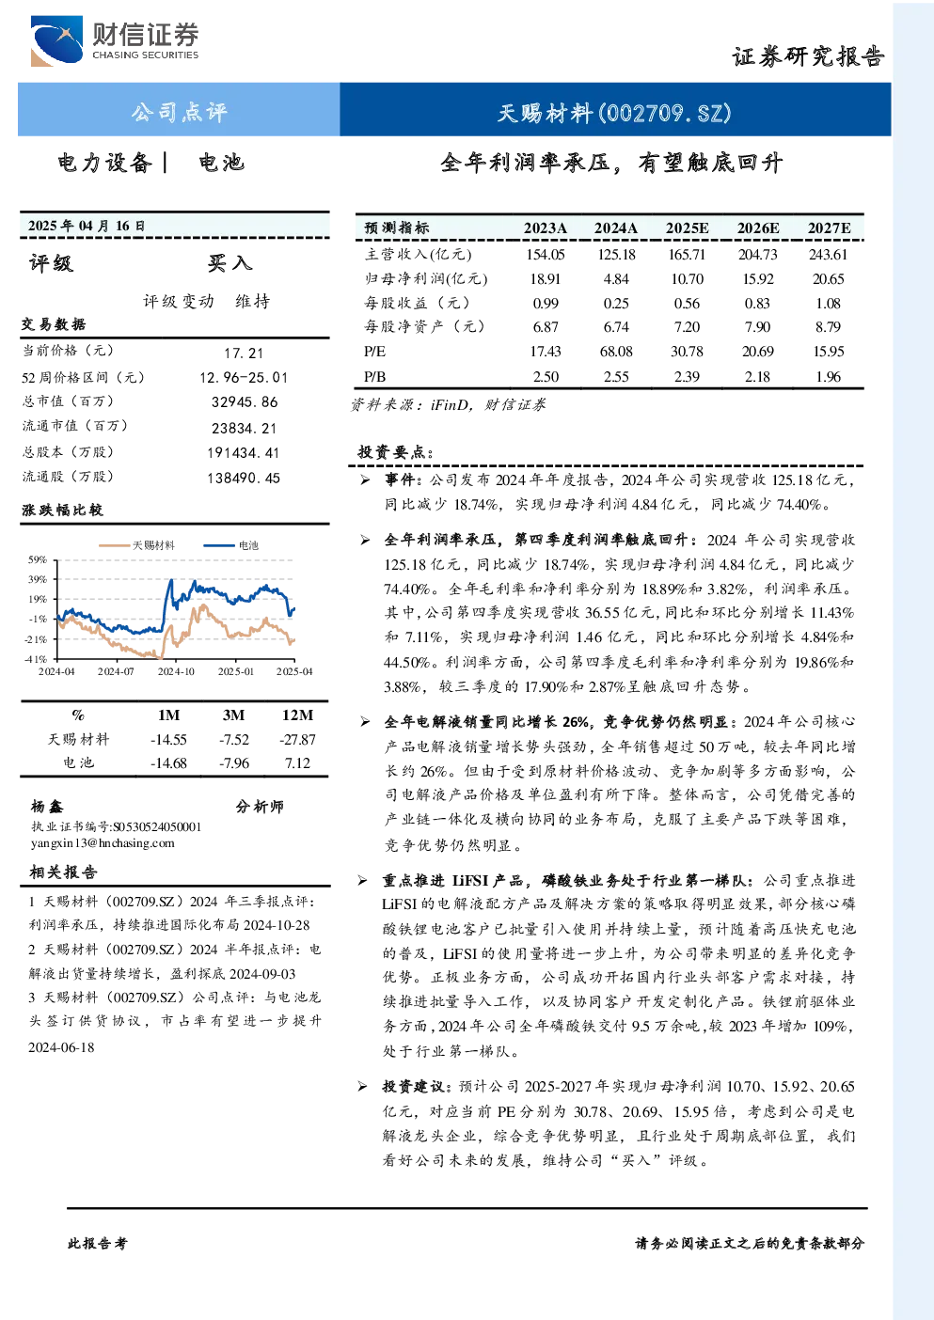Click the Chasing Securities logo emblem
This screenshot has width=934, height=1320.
(56, 41)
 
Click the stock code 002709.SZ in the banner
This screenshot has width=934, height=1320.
(665, 113)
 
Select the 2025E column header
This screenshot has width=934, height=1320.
(687, 228)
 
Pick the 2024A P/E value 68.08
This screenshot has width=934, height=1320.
(616, 352)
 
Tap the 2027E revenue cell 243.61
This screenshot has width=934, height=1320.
(828, 255)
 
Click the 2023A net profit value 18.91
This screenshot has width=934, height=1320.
(546, 278)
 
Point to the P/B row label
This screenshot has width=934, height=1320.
(375, 377)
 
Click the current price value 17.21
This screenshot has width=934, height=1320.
(244, 353)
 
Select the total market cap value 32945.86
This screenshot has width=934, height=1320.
(245, 401)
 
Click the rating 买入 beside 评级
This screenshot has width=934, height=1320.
(230, 263)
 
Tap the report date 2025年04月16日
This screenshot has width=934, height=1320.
(87, 226)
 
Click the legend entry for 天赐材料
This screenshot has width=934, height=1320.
(136, 545)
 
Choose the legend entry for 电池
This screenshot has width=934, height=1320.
(230, 545)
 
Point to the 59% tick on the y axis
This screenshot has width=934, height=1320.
(37, 559)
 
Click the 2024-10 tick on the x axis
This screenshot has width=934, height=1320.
(176, 671)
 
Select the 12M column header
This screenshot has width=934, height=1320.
(298, 715)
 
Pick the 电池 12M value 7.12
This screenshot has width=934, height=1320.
(297, 763)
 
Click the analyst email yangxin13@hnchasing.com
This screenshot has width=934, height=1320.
(103, 843)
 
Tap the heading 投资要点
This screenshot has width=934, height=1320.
(395, 452)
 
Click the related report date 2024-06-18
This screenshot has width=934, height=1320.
(61, 1047)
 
